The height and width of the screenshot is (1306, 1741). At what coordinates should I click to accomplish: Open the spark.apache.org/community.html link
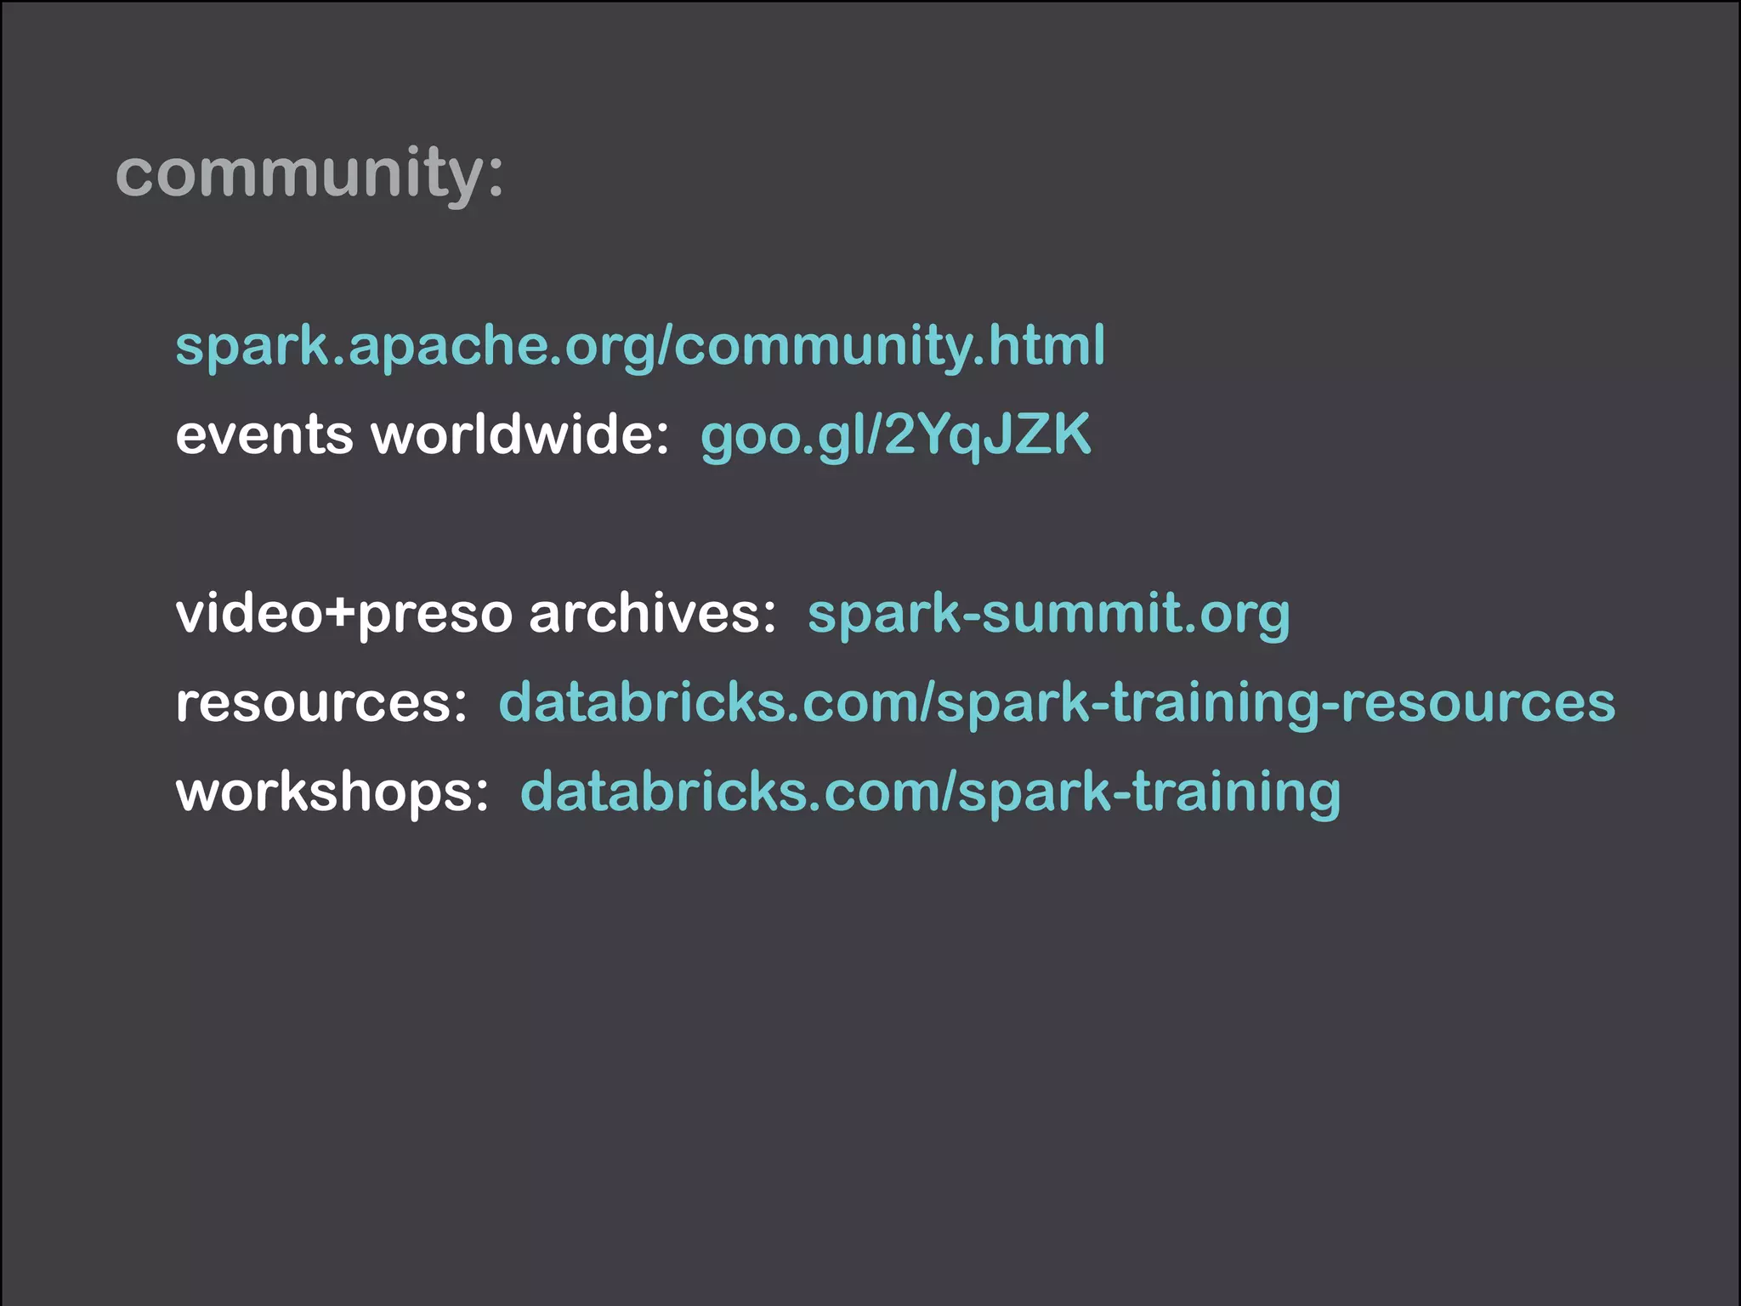click(640, 346)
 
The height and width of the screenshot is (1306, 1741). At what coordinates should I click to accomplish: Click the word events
click(264, 434)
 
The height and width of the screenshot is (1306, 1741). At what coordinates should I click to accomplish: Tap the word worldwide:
click(520, 434)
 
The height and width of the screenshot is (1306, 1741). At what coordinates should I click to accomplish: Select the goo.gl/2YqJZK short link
click(895, 434)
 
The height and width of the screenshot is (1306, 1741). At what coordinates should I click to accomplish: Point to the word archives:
click(652, 613)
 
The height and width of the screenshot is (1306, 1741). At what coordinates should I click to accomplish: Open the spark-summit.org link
click(1048, 613)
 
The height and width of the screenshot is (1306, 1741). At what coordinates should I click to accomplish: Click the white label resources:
click(321, 703)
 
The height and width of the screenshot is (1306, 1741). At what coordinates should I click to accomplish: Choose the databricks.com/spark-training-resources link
click(1057, 703)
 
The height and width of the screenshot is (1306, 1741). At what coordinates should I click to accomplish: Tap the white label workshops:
click(332, 792)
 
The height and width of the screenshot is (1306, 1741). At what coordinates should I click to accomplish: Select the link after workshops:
click(930, 792)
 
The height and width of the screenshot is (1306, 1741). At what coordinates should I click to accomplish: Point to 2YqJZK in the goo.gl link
click(988, 434)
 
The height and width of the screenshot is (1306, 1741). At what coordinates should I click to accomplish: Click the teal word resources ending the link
click(1478, 703)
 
